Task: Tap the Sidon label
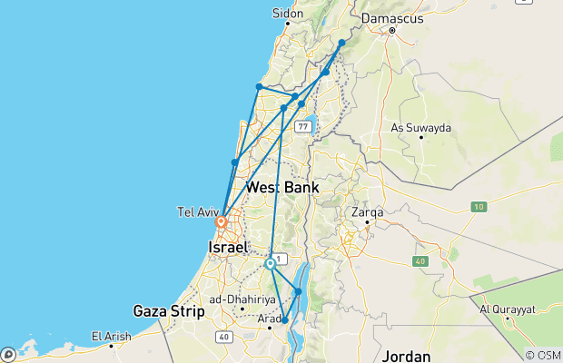[x=288, y=14]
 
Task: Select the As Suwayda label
[x=420, y=128]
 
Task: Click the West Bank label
[x=281, y=187]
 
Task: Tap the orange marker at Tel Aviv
[x=221, y=221]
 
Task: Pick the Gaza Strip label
[x=163, y=309]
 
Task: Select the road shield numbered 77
[x=302, y=125]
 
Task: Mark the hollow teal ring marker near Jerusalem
[x=271, y=264]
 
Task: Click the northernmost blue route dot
[x=342, y=43]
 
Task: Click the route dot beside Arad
[x=285, y=320]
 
